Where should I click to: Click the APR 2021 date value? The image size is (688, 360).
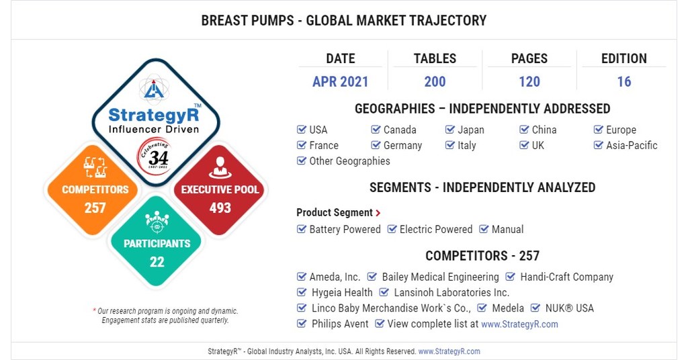click(340, 82)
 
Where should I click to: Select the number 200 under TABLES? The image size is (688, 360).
click(435, 82)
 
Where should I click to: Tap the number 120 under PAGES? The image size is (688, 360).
click(529, 82)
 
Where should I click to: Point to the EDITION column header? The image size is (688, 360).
click(623, 58)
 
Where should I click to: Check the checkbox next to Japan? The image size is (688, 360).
click(450, 130)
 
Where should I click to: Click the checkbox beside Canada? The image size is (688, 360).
click(376, 130)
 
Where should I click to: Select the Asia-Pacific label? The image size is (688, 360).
click(632, 145)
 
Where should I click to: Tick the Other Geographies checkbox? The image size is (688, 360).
click(302, 161)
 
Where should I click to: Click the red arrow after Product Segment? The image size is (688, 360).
click(378, 213)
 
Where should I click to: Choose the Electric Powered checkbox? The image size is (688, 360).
click(392, 229)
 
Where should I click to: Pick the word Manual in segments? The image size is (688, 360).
click(507, 229)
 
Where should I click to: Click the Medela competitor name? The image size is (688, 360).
click(507, 308)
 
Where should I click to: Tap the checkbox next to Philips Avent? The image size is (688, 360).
click(302, 324)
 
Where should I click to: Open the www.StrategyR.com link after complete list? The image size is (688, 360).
click(519, 324)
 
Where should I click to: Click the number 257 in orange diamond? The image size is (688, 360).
click(95, 208)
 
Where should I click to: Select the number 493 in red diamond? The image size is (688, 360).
click(220, 208)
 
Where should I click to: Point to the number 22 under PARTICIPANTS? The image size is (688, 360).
click(157, 262)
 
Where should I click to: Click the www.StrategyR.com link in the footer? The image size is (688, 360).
click(449, 351)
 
